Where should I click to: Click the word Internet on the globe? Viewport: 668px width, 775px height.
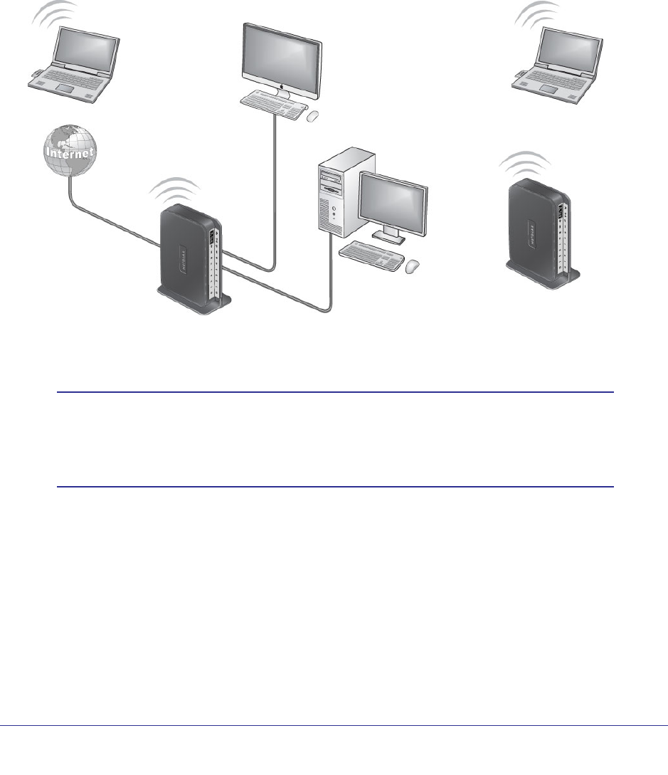[69, 152]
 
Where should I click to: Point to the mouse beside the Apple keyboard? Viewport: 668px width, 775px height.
[312, 114]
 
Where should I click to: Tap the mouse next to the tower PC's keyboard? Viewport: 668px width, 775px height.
[413, 266]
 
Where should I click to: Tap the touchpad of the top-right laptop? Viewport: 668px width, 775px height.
[550, 88]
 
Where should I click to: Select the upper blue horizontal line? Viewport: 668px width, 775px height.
[334, 392]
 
